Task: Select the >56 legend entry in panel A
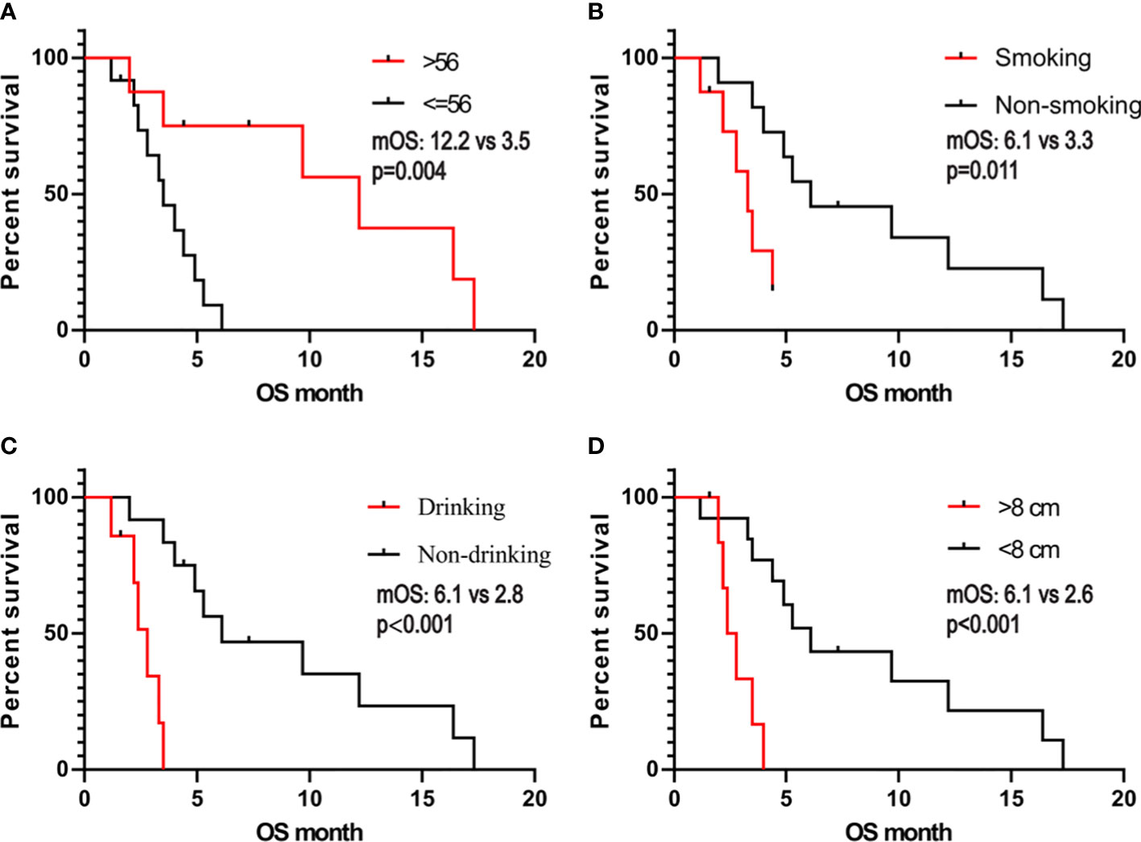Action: [440, 62]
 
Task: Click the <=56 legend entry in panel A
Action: [446, 104]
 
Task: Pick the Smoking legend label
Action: [1043, 58]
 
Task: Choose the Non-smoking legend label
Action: [1068, 105]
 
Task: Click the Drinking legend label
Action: [461, 507]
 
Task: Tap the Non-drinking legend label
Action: [484, 555]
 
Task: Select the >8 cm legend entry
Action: [1029, 507]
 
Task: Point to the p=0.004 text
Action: [408, 171]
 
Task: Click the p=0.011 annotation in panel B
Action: [982, 171]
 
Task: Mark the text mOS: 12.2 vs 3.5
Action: [451, 142]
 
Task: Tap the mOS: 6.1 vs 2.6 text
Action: [1019, 595]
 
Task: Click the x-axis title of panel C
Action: [309, 831]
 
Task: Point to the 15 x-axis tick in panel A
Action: [422, 359]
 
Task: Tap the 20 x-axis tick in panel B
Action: [1123, 359]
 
